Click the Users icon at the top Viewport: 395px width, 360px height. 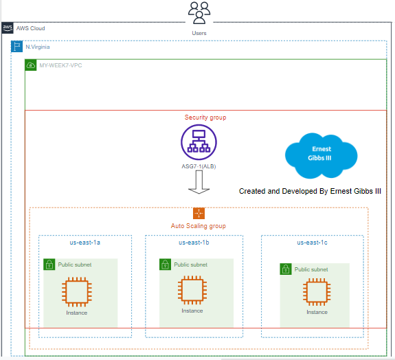(x=199, y=13)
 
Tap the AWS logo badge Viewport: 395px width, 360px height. (x=8, y=28)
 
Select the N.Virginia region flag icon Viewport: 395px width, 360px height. (x=18, y=47)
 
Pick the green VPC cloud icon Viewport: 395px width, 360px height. (x=31, y=65)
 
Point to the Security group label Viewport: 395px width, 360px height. (x=205, y=117)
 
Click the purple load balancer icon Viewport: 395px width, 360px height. (x=199, y=142)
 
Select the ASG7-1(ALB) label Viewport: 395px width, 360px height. (x=199, y=166)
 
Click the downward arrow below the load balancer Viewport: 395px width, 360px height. (x=199, y=183)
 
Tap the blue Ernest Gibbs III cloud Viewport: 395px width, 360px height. (x=321, y=155)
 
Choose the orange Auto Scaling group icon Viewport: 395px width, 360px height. (x=199, y=213)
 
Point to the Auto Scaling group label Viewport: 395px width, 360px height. (x=198, y=226)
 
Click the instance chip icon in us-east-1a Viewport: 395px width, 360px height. (x=77, y=291)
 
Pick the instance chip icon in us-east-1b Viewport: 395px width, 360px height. (x=192, y=290)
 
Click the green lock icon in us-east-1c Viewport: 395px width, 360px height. (x=285, y=269)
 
